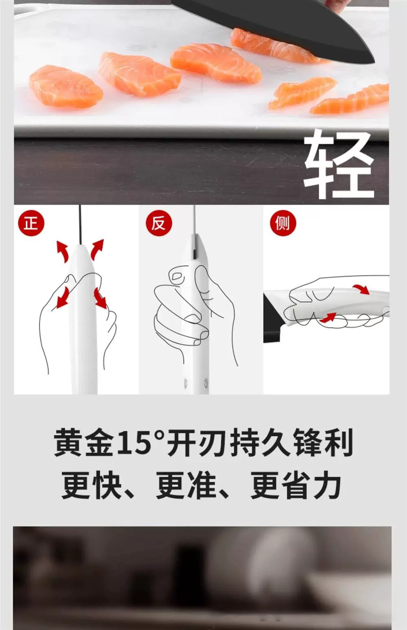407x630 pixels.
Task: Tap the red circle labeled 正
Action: click(x=31, y=223)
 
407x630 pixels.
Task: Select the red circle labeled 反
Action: click(x=158, y=223)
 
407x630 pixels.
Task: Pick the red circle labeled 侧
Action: click(x=283, y=223)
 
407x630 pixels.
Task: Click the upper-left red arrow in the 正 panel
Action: click(x=62, y=251)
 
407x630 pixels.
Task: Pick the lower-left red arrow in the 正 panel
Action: click(x=63, y=297)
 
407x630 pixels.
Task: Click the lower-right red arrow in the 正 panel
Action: click(x=101, y=298)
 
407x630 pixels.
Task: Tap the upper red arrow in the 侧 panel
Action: click(x=362, y=289)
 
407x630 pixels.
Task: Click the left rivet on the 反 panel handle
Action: click(x=185, y=382)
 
